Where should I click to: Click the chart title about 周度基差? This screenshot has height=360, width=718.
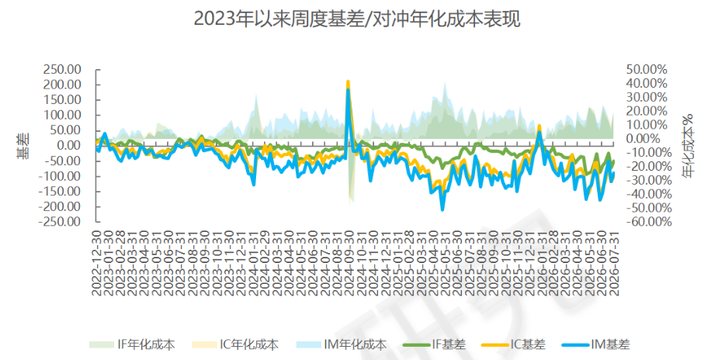pyautogui.click(x=357, y=19)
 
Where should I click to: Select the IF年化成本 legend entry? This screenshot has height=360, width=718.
pyautogui.click(x=132, y=344)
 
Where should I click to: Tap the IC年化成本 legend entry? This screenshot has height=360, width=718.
pyautogui.click(x=235, y=344)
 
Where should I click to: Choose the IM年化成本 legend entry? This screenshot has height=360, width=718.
pyautogui.click(x=342, y=344)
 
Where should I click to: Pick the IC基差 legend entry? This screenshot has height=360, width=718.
pyautogui.click(x=513, y=344)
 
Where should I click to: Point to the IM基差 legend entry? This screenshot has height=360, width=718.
pyautogui.click(x=595, y=344)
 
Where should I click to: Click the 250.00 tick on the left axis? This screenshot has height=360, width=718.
pyautogui.click(x=62, y=70)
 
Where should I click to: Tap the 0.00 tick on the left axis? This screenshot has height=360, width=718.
pyautogui.click(x=68, y=145)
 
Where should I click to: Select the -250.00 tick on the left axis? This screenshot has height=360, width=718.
pyautogui.click(x=59, y=221)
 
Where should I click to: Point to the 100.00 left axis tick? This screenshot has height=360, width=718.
pyautogui.click(x=62, y=115)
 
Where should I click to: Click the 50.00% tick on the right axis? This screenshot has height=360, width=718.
pyautogui.click(x=647, y=70)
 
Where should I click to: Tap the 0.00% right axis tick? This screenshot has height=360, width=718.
pyautogui.click(x=647, y=139)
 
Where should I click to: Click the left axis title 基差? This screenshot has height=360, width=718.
pyautogui.click(x=24, y=145)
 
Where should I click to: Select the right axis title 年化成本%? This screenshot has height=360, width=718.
pyautogui.click(x=687, y=145)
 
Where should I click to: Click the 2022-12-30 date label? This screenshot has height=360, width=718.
pyautogui.click(x=96, y=262)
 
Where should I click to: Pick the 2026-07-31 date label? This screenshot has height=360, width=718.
pyautogui.click(x=613, y=262)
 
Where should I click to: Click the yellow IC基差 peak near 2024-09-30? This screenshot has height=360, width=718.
pyautogui.click(x=348, y=82)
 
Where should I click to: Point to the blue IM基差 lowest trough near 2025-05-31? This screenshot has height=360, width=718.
pyautogui.click(x=442, y=209)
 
